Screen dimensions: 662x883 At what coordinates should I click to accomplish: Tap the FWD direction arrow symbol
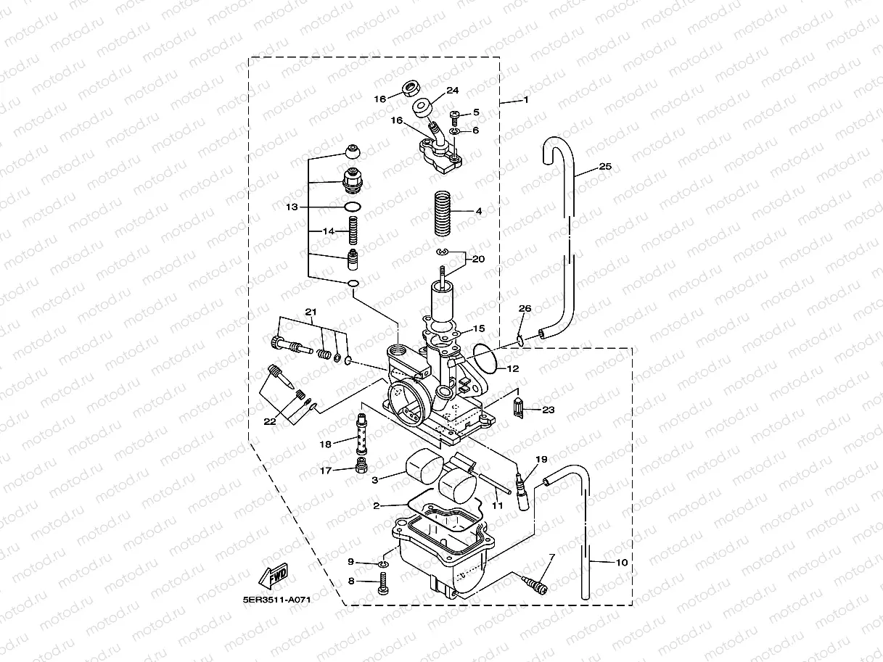click(x=274, y=577)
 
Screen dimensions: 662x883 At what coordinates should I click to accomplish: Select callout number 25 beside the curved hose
click(x=605, y=167)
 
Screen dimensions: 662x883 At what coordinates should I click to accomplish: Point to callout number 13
click(x=292, y=207)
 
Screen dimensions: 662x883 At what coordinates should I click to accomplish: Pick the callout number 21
click(x=311, y=312)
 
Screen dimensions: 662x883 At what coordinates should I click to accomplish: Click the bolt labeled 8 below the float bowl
click(x=383, y=582)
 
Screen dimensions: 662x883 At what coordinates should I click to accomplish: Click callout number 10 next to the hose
click(x=621, y=562)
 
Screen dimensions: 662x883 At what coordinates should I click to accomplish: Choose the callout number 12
click(x=513, y=368)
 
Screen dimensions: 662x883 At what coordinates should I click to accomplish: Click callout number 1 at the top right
click(x=526, y=99)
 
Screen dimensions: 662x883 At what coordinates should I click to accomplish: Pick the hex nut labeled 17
click(x=361, y=465)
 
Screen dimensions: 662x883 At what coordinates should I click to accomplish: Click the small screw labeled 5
click(x=454, y=115)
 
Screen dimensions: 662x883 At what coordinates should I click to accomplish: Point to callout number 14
click(x=329, y=231)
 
